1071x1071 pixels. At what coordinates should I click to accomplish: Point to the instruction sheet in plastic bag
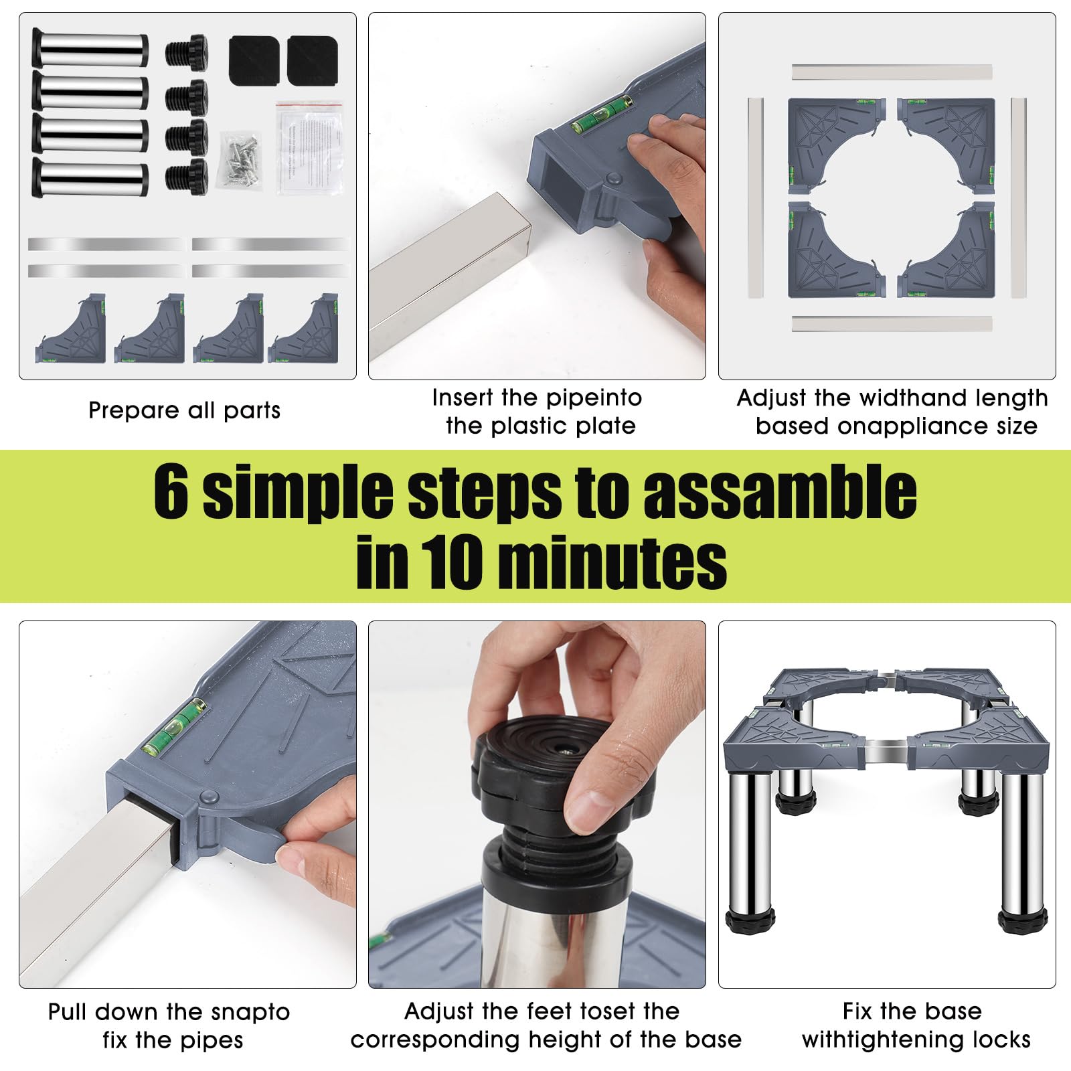coord(309,147)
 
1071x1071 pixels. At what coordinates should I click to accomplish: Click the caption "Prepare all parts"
coord(185,410)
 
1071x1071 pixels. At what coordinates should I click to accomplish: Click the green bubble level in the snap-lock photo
coord(173,726)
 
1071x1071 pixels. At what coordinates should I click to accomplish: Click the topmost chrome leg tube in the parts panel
coord(89,48)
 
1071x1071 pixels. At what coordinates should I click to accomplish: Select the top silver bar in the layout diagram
coord(892,72)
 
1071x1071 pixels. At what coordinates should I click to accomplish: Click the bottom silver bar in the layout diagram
coord(892,324)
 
